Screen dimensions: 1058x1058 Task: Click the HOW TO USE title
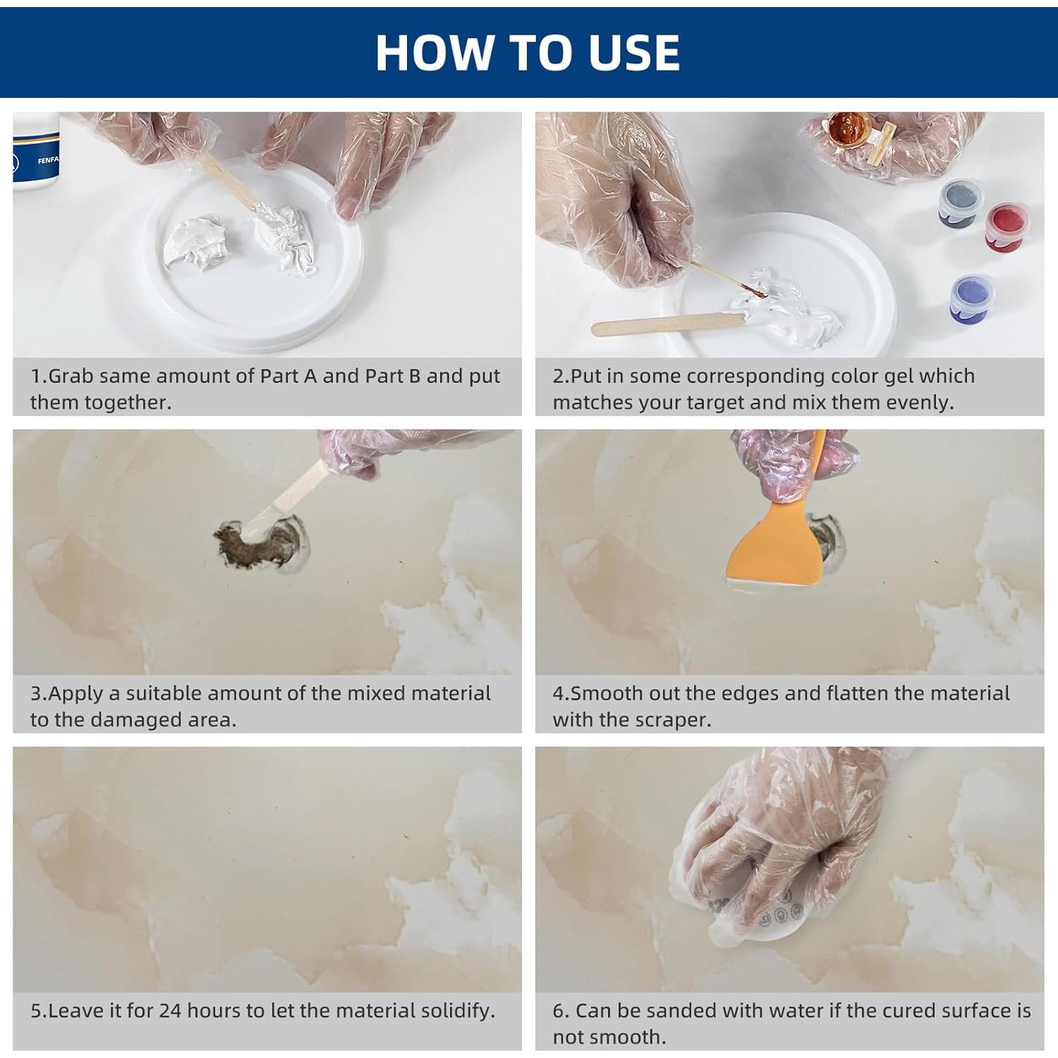[x=528, y=53]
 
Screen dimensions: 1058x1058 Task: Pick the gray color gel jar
[x=960, y=202]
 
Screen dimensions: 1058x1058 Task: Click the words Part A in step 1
[x=288, y=376]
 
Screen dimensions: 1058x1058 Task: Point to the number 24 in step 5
[x=171, y=1011]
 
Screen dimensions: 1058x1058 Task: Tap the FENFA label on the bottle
[x=48, y=161]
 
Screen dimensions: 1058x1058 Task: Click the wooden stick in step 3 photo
[x=300, y=487]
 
